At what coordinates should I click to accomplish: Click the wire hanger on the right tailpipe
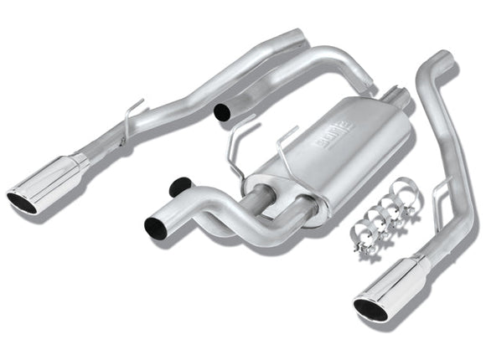[x=442, y=191]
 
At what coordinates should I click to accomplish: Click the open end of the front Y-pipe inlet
[x=157, y=225]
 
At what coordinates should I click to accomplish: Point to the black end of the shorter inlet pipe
[x=178, y=188]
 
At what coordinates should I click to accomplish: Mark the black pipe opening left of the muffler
[x=222, y=111]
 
